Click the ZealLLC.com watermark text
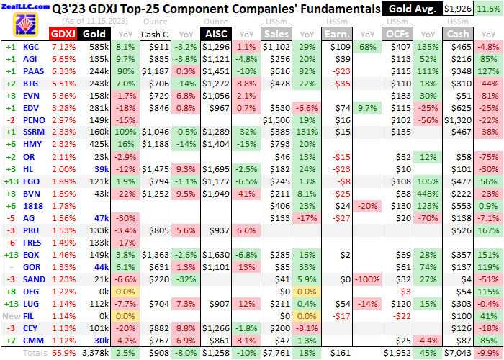[x=20, y=5]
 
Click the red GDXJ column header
[x=63, y=34]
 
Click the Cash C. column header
[x=155, y=34]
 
